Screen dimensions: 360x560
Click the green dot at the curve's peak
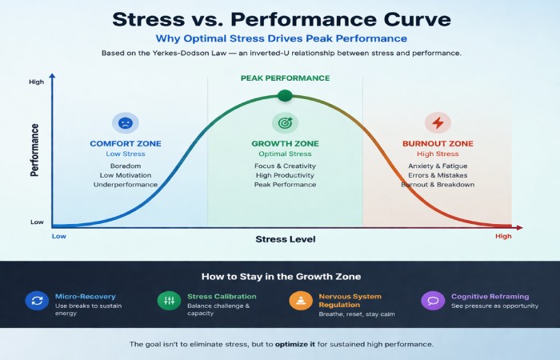coord(284,96)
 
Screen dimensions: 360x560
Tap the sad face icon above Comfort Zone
coord(126,123)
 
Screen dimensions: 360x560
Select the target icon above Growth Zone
coord(284,123)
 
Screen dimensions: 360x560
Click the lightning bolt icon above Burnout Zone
coord(437,123)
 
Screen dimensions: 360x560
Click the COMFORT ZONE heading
coord(126,144)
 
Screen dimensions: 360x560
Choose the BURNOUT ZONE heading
coord(437,144)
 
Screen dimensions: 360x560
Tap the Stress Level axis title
coord(286,239)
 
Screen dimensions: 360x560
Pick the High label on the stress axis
coord(502,237)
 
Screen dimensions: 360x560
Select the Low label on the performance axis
coord(37,222)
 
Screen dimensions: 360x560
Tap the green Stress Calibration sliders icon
coord(169,301)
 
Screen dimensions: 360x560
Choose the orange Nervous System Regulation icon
coord(301,301)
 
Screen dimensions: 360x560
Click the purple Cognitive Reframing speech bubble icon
coord(433,301)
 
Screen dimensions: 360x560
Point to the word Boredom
coord(126,166)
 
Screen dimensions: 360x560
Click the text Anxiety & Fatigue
coord(437,166)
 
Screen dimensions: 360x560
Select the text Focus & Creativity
coord(284,166)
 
